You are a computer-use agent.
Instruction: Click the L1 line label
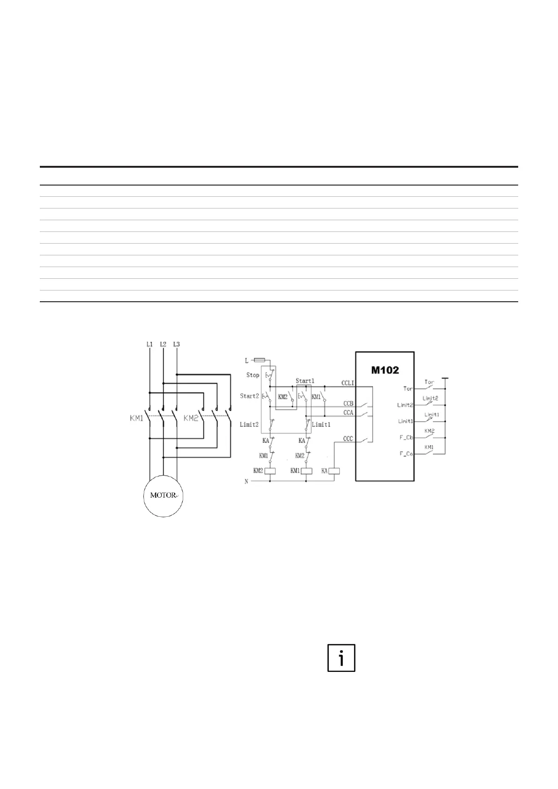click(x=149, y=344)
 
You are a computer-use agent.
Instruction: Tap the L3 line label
click(x=176, y=344)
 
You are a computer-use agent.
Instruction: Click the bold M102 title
click(x=385, y=370)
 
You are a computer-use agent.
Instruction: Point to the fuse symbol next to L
click(x=260, y=360)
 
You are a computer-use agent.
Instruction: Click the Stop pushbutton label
click(x=253, y=375)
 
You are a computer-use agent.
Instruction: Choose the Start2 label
click(x=249, y=396)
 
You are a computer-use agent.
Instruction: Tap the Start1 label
click(x=305, y=381)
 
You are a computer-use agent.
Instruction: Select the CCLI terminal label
click(x=348, y=383)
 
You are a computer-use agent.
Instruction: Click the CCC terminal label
click(x=348, y=439)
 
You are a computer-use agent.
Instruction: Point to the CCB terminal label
click(x=348, y=403)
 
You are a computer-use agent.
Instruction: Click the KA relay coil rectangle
click(x=335, y=471)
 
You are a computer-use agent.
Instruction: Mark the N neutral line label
click(x=246, y=482)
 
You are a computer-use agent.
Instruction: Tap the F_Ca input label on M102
click(x=406, y=454)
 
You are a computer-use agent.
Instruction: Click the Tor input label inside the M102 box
click(x=408, y=388)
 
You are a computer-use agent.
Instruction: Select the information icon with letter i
click(x=341, y=658)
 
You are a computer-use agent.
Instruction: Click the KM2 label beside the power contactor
click(x=191, y=418)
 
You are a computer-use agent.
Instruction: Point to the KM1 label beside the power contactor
click(x=137, y=418)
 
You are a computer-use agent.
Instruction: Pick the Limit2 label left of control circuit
click(x=249, y=424)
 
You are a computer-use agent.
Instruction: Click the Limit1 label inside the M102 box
click(x=406, y=421)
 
